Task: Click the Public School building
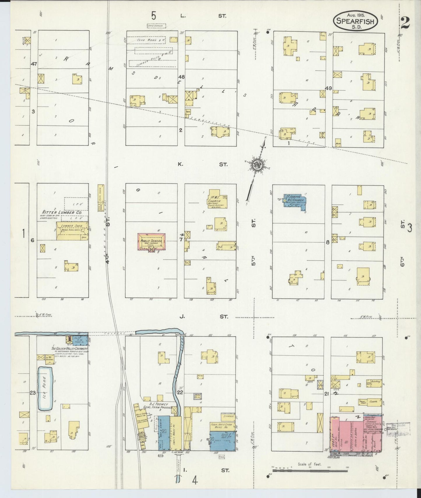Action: pyautogui.click(x=152, y=241)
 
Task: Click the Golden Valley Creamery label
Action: pyautogui.click(x=69, y=349)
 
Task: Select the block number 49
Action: pyautogui.click(x=328, y=89)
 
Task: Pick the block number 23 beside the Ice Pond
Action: pyautogui.click(x=33, y=393)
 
